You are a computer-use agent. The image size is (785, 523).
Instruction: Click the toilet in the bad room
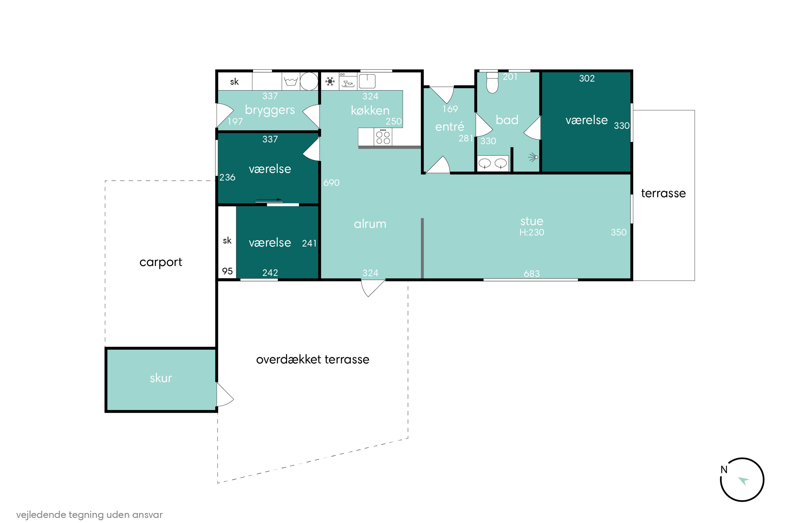click(x=492, y=82)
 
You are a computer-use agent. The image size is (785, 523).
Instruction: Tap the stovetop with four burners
click(x=383, y=137)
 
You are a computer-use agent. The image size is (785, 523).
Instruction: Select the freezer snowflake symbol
click(x=330, y=81)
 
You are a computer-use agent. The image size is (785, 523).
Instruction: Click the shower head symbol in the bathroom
click(x=533, y=157)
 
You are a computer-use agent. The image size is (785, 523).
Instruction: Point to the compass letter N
click(x=724, y=470)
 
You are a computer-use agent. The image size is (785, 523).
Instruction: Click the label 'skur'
click(x=161, y=378)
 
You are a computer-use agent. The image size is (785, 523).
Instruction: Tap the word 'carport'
click(x=161, y=262)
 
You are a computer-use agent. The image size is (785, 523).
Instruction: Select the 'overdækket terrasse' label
click(x=313, y=359)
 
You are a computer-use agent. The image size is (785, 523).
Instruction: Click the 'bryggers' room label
click(x=270, y=110)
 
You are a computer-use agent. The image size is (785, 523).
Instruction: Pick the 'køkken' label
click(x=370, y=110)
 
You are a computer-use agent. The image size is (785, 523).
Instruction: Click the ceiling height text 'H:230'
click(x=532, y=232)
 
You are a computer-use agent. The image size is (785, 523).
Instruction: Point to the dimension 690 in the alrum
click(x=332, y=183)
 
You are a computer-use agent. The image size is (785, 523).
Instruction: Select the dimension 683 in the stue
click(x=532, y=274)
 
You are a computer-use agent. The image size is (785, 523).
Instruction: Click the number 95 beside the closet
click(x=227, y=271)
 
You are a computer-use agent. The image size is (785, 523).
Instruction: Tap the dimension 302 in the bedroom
click(x=587, y=78)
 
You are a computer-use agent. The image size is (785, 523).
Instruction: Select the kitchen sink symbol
click(x=367, y=81)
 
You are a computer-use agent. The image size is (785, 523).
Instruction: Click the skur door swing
click(x=225, y=394)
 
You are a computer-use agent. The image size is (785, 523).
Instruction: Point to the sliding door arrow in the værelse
click(x=269, y=200)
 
